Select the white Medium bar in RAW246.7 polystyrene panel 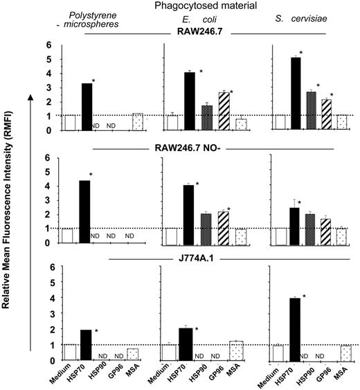[69, 123]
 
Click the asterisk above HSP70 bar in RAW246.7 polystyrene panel [93, 81]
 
